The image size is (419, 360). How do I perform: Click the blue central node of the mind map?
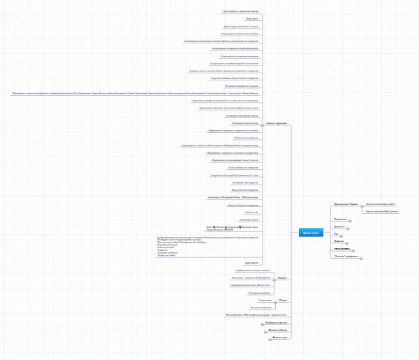(311, 231)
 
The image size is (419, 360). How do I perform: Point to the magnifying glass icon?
(208, 247)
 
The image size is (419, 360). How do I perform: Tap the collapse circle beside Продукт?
(274, 278)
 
